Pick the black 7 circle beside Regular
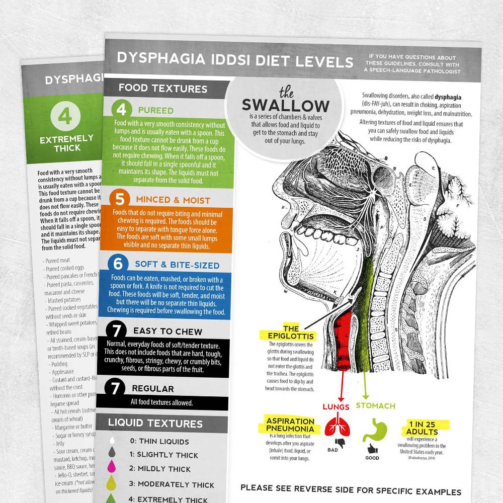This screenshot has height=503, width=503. pos(115,388)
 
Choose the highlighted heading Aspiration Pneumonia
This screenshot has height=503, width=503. pos(291,425)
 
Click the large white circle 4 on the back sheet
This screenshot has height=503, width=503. pos(65,116)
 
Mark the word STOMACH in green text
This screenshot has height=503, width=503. pos(375,405)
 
